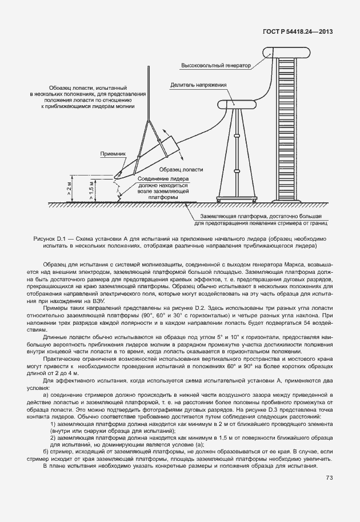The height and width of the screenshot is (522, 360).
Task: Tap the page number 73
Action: pos(329,478)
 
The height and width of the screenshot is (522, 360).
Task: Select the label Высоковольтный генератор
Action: pos(216,66)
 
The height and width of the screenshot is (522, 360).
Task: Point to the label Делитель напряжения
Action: pos(198,85)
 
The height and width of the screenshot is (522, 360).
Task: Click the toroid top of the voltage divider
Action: pos(237,104)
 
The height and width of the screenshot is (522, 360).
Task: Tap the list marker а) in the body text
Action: pos(46,395)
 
